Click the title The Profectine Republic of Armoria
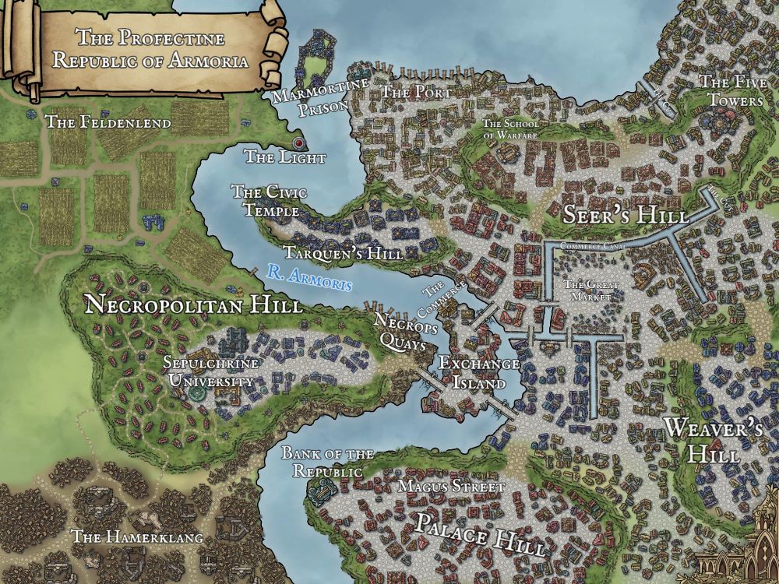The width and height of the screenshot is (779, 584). tap(150, 48)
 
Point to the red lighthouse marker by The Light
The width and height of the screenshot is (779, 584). tap(298, 143)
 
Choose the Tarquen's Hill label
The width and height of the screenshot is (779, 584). tap(343, 254)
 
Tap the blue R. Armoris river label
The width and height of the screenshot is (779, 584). tap(308, 277)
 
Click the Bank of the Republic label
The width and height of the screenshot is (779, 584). tap(327, 463)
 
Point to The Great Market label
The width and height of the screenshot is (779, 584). tap(590, 290)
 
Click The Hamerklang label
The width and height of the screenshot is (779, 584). tap(136, 537)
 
